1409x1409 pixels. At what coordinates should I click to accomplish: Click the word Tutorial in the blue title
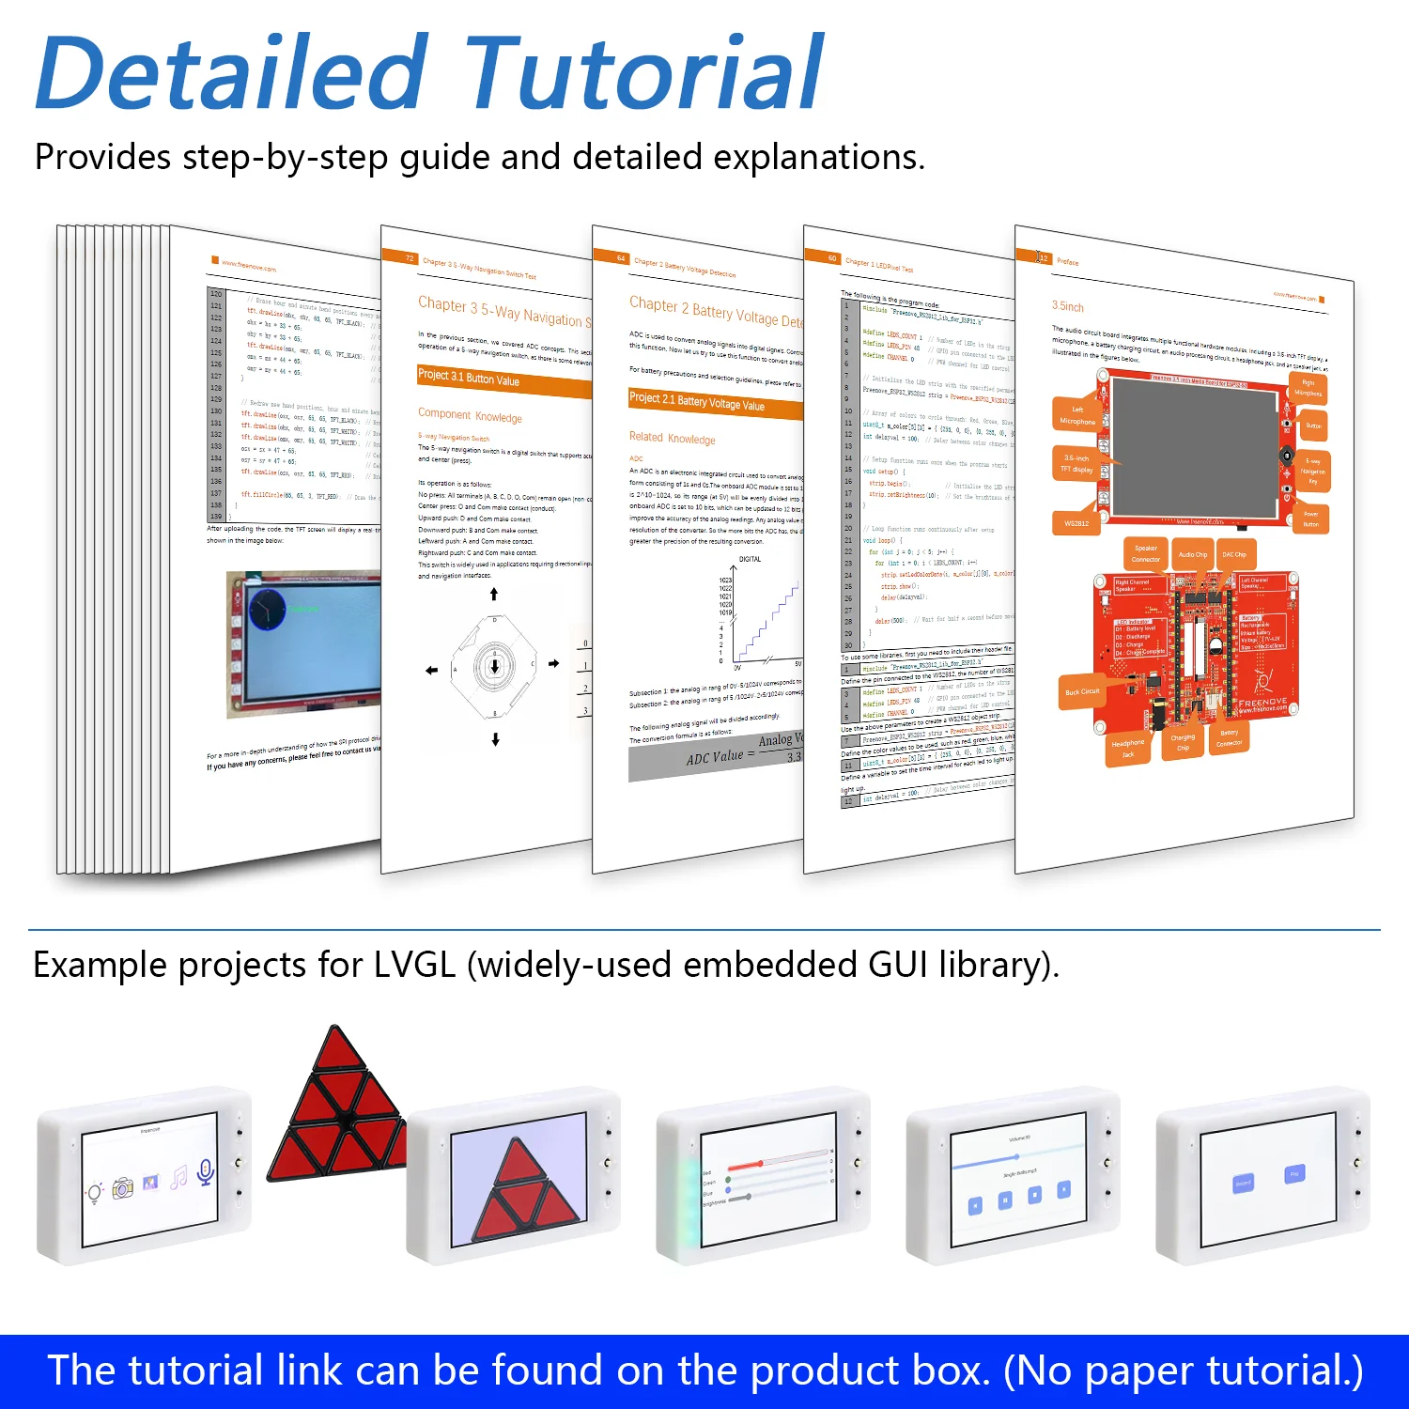point(643,73)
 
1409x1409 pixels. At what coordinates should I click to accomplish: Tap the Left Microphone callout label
point(1077,415)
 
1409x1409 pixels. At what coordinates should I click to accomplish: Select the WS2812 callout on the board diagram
point(1076,523)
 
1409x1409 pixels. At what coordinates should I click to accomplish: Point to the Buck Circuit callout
point(1081,691)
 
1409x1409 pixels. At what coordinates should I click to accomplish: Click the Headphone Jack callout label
point(1128,748)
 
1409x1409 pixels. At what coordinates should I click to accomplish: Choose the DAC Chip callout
point(1234,554)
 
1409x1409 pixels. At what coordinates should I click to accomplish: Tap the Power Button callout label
point(1310,519)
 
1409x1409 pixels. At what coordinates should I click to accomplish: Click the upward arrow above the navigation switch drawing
point(494,594)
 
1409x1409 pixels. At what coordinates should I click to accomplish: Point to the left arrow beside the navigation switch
point(431,670)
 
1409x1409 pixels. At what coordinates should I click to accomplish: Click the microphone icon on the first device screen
point(206,1171)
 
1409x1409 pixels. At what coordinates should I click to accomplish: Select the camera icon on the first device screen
point(123,1189)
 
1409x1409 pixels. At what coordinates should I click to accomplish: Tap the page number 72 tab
point(410,257)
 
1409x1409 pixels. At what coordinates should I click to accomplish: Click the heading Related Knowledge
point(672,438)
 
